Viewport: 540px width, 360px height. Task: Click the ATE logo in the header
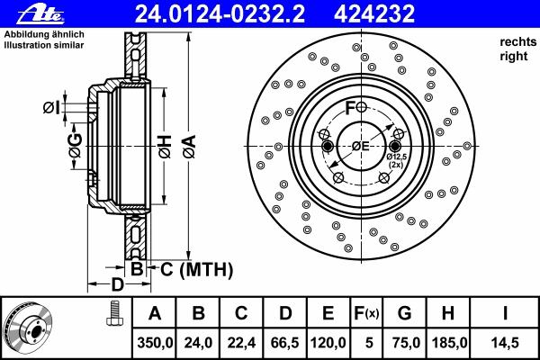point(40,13)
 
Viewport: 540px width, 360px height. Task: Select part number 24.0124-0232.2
point(220,13)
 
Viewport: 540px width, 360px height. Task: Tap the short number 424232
point(374,13)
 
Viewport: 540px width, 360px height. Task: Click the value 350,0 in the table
point(155,343)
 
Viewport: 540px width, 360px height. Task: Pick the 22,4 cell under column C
point(241,343)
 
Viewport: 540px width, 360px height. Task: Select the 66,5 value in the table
point(285,343)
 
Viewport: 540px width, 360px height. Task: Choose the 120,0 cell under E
point(328,343)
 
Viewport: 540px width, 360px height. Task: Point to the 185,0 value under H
point(449,343)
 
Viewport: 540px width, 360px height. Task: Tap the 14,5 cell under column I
point(505,343)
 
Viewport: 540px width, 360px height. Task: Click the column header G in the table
point(405,313)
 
